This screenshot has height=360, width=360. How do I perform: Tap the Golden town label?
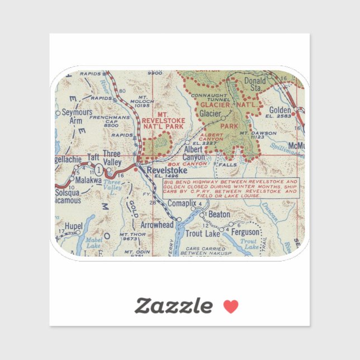(280, 111)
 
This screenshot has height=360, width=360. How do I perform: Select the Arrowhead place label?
(157, 225)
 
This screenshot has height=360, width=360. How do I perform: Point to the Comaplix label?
(183, 203)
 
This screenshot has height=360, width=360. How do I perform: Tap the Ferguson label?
(246, 232)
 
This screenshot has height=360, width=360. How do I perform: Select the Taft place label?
(93, 158)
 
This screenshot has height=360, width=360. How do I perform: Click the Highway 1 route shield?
(98, 169)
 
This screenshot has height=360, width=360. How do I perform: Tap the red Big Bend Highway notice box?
(231, 188)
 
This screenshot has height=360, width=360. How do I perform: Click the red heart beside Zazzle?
(231, 306)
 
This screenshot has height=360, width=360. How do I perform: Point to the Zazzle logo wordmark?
(174, 306)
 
